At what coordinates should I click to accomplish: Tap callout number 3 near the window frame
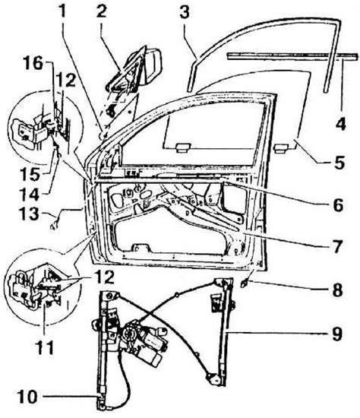[184, 12]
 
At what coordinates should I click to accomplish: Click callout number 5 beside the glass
[339, 162]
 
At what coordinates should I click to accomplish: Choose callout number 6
[339, 204]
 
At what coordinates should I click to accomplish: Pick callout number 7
[337, 246]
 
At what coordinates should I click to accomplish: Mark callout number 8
[337, 290]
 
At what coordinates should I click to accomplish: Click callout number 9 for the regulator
[336, 333]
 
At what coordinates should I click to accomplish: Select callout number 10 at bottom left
[28, 397]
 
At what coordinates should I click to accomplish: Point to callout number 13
[30, 214]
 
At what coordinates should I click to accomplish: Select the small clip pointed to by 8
[244, 283]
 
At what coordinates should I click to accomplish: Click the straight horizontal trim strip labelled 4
[292, 55]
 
